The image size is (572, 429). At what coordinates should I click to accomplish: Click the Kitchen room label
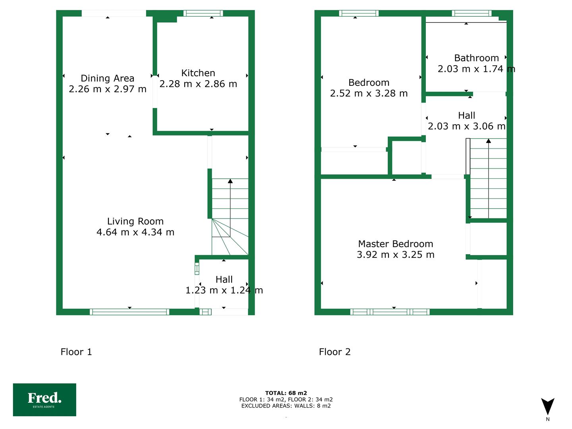pos(198,73)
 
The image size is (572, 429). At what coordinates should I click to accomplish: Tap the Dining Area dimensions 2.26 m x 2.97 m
pos(107,89)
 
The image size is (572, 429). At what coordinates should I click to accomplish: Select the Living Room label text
pos(135,221)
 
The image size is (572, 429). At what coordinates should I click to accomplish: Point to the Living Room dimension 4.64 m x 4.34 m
pos(135,232)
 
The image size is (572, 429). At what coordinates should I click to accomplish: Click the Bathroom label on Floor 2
pos(476,58)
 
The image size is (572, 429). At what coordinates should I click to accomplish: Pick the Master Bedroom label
pos(395,244)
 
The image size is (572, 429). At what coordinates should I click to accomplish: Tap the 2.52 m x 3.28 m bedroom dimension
pos(369,93)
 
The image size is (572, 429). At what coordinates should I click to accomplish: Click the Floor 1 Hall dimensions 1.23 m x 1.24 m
pos(224,290)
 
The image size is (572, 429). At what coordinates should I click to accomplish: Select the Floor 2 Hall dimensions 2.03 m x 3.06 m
pos(466,126)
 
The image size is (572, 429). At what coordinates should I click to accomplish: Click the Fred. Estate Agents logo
pos(44,400)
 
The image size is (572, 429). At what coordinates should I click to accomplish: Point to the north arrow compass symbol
pos(547,407)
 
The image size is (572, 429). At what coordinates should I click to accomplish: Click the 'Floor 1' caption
pos(76,352)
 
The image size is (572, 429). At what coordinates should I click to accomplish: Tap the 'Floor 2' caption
pos(334,352)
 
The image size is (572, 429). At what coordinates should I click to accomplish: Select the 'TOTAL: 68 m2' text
pos(286,393)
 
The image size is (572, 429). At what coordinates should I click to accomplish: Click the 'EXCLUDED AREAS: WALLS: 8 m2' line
pos(286,406)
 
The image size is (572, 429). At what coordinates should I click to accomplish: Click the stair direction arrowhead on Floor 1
pos(230,181)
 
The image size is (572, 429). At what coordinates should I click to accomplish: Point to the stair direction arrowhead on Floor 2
pos(488,141)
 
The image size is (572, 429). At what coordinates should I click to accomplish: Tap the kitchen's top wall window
pos(203,13)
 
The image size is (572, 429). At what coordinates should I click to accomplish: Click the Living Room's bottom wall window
pos(129,312)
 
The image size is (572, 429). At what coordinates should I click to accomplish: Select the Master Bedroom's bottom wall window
pos(390,312)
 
